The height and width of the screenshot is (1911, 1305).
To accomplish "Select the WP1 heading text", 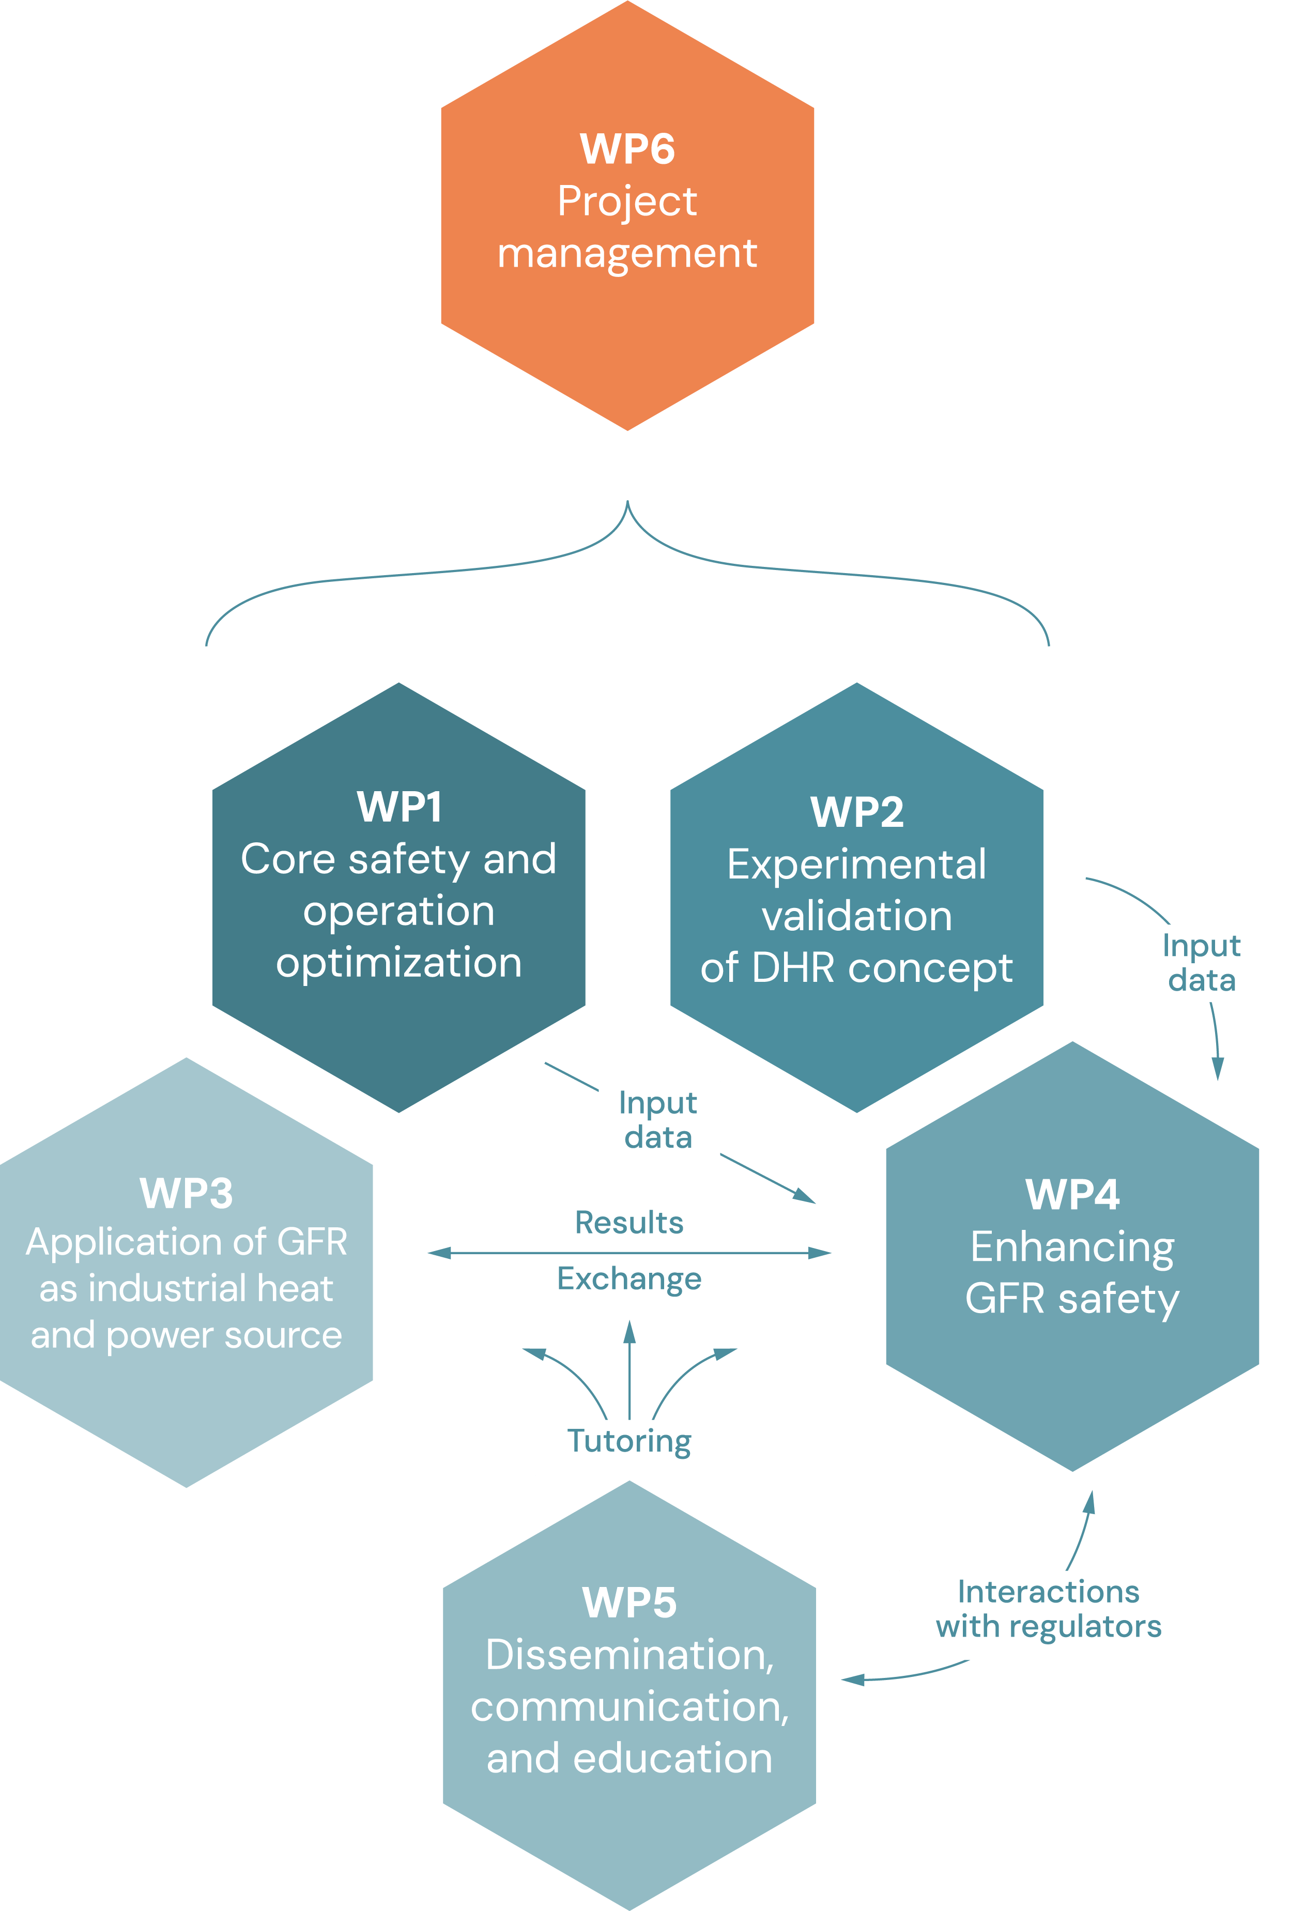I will point(399,807).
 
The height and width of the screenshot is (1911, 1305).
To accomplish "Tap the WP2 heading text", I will point(857,812).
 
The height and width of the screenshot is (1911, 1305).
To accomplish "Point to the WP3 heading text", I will point(187,1193).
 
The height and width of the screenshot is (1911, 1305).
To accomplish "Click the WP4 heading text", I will point(1072,1195).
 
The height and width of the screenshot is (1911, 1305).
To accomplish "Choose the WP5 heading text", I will point(629,1602).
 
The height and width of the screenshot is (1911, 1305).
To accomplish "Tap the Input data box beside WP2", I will point(1202,963).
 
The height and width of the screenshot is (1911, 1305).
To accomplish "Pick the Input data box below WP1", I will point(658,1120).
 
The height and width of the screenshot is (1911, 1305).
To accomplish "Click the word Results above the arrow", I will point(629,1223).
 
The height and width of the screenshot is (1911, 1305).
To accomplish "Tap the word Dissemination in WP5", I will point(629,1655).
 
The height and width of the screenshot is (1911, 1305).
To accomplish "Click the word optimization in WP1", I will point(399,962).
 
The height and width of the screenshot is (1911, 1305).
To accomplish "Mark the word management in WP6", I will point(627,253).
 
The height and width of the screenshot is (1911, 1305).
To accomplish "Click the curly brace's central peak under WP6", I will point(627,503).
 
